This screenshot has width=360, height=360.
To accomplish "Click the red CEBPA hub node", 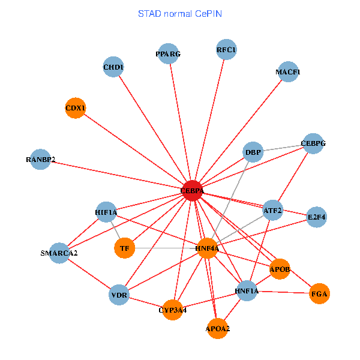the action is click(x=192, y=190).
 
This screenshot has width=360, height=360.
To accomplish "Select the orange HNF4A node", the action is click(x=207, y=248).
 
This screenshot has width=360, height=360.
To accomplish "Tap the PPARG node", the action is click(x=168, y=53).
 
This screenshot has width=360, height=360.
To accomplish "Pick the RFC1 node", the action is click(x=226, y=50).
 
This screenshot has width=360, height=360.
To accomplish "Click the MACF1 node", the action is click(x=288, y=72).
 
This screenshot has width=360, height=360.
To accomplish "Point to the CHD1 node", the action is click(x=113, y=67).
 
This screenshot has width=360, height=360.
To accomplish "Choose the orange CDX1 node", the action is click(x=75, y=108).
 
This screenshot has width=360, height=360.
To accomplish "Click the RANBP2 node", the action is click(x=40, y=160).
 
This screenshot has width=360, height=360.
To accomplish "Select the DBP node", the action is click(x=253, y=152).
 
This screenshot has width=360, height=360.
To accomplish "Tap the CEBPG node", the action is click(x=313, y=144).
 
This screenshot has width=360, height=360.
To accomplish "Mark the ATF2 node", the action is click(x=272, y=210).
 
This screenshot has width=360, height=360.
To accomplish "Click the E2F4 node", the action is click(x=316, y=217).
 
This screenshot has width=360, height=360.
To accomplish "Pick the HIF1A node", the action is click(x=106, y=212).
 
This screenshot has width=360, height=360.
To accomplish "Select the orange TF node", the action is click(x=124, y=247).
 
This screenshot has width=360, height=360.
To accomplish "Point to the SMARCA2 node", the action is click(x=59, y=253).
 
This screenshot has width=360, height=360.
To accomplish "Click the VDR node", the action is click(x=119, y=295).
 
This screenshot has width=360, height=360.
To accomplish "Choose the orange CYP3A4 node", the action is click(x=172, y=310).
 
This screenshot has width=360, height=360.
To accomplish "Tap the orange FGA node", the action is click(x=319, y=294).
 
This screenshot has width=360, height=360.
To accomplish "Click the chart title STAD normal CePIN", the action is click(x=180, y=13).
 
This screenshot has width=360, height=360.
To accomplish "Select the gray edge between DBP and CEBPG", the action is click(x=283, y=148).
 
